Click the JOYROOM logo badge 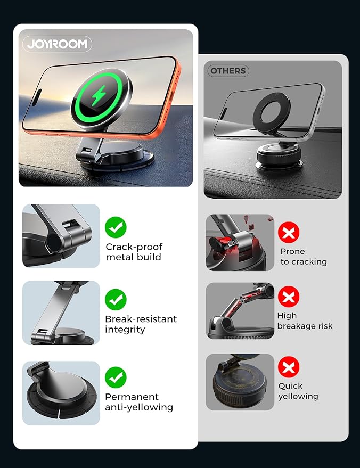click(x=57, y=44)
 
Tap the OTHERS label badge click(x=228, y=71)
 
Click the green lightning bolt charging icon click(x=98, y=95)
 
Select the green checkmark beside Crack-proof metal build click(x=116, y=227)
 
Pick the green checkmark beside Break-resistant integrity click(x=116, y=299)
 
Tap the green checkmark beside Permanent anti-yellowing click(x=116, y=377)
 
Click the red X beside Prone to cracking click(x=289, y=232)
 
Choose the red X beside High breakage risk click(x=289, y=297)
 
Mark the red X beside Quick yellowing click(x=289, y=367)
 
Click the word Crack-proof click(x=134, y=247)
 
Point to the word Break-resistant click(x=141, y=319)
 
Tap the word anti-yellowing click(x=139, y=407)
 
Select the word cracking click(x=309, y=262)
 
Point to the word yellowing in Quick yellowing click(x=298, y=396)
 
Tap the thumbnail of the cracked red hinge click(x=240, y=243)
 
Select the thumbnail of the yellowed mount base click(x=240, y=382)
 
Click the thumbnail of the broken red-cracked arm click(x=240, y=311)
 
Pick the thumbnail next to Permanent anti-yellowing click(x=61, y=393)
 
